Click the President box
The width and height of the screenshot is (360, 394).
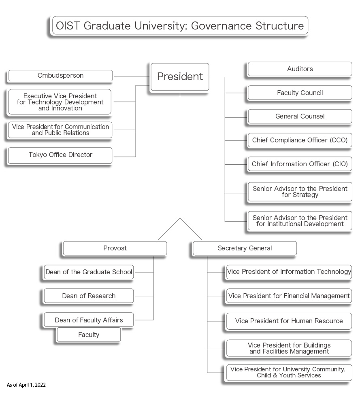pyautogui.click(x=180, y=76)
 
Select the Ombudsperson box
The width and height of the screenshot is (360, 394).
pyautogui.click(x=60, y=76)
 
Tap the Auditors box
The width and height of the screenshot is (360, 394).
pyautogui.click(x=300, y=69)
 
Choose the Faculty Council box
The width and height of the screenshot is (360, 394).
pyautogui.click(x=300, y=93)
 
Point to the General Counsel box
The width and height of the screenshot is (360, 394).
pyautogui.click(x=300, y=117)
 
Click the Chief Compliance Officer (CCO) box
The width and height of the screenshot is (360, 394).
pyautogui.click(x=300, y=140)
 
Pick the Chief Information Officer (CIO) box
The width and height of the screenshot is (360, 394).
pyautogui.click(x=300, y=164)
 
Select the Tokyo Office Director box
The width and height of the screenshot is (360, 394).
pyautogui.click(x=60, y=155)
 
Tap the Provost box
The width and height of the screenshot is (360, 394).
pyautogui.click(x=115, y=248)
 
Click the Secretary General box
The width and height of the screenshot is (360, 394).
pyautogui.click(x=245, y=248)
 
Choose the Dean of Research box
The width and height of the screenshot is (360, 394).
pyautogui.click(x=89, y=296)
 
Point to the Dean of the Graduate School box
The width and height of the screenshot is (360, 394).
pyautogui.click(x=89, y=272)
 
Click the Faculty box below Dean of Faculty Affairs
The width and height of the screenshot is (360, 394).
pyautogui.click(x=89, y=335)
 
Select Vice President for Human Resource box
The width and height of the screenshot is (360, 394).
pyautogui.click(x=289, y=321)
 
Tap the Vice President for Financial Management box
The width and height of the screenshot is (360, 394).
pyautogui.click(x=289, y=296)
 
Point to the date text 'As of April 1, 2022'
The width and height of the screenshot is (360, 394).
pyautogui.click(x=26, y=385)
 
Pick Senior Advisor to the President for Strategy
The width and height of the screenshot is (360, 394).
pyautogui.click(x=300, y=192)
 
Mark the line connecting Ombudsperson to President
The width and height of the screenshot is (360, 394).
pyautogui.click(x=132, y=76)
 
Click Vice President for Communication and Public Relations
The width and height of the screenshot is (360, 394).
pyautogui.click(x=60, y=130)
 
